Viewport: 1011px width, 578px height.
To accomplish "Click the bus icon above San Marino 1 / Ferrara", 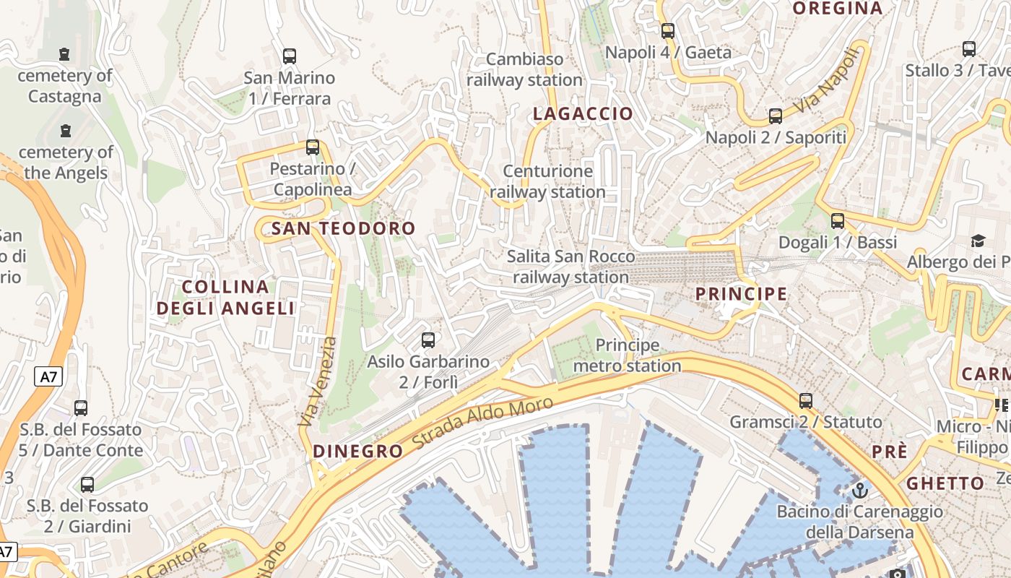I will tap(290, 56).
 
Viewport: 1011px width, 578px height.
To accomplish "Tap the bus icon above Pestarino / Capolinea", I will tap(313, 147).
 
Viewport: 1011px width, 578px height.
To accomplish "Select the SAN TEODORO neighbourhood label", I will tap(343, 228).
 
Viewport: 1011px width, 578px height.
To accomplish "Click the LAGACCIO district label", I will tap(583, 113).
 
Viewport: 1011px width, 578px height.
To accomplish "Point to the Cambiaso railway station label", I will tap(524, 69).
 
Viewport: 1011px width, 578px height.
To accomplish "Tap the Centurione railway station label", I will tap(547, 181).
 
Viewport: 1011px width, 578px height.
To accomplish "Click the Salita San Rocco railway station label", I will tap(570, 267).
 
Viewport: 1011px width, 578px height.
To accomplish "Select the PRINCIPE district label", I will tap(741, 293).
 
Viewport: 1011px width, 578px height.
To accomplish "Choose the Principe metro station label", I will tap(627, 355).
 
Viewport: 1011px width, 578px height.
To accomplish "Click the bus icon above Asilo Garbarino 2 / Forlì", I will tap(428, 340).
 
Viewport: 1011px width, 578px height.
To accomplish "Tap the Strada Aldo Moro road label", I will tap(483, 425).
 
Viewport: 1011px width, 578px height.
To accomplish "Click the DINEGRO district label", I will tap(357, 452).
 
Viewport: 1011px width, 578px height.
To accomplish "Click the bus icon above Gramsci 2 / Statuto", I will tap(806, 400).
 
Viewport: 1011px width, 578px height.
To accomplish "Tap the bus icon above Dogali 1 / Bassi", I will tap(838, 221).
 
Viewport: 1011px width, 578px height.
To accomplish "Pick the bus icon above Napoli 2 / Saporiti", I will tap(776, 116).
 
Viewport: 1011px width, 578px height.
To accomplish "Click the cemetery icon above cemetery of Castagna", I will tap(65, 54).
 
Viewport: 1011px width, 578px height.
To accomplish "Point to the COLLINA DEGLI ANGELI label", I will tap(225, 298).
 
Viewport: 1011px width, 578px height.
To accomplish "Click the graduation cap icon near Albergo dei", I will tap(978, 241).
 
